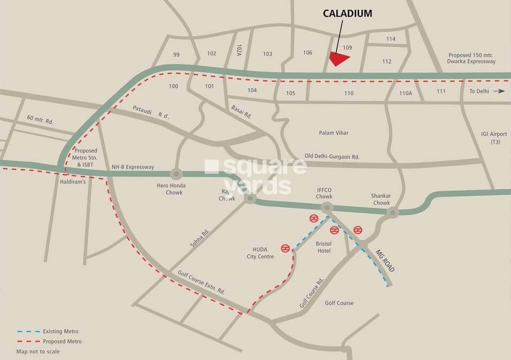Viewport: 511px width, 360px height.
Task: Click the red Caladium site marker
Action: tap(339, 58)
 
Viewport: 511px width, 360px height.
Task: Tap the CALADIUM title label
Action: tap(347, 14)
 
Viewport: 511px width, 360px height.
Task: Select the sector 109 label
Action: tap(347, 48)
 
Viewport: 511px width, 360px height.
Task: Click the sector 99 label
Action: tap(176, 55)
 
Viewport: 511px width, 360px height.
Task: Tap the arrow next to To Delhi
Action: tap(499, 91)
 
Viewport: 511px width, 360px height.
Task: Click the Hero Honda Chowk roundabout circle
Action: tap(176, 174)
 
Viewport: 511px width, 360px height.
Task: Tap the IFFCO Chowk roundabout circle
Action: tap(328, 208)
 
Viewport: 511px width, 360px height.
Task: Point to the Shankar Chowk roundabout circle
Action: tap(393, 213)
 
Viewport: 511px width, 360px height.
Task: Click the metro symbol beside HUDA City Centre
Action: tap(285, 248)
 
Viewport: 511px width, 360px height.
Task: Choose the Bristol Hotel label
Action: tap(324, 247)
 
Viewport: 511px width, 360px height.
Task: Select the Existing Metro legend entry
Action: tap(48, 332)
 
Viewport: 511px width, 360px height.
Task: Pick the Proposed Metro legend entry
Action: tap(49, 341)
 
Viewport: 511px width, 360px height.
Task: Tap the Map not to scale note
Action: tap(38, 351)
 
